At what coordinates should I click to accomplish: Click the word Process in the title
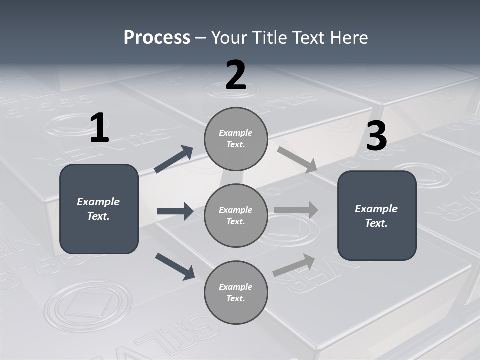click(157, 38)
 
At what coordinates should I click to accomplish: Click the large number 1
click(99, 128)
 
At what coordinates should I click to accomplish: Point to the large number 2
click(236, 75)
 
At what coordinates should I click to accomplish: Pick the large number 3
click(376, 136)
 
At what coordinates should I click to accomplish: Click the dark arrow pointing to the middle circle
click(175, 211)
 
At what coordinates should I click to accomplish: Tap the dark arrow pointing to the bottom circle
click(175, 266)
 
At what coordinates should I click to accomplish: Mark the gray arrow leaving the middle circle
click(296, 210)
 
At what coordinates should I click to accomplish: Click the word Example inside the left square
click(98, 202)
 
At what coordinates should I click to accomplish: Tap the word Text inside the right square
click(376, 223)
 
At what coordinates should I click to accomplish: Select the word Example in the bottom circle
click(236, 287)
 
